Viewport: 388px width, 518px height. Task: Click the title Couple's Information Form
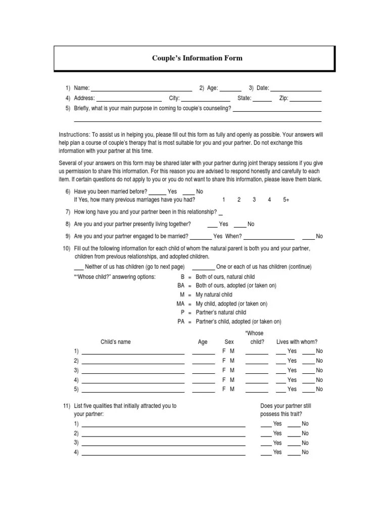(197, 58)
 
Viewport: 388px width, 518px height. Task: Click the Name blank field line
(141, 90)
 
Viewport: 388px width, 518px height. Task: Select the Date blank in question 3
(296, 90)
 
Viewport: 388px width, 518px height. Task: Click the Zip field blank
(306, 100)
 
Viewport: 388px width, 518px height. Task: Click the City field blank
(206, 100)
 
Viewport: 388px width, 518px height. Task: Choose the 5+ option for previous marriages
(286, 200)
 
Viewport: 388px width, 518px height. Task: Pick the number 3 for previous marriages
(254, 200)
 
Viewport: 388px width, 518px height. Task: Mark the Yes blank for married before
(157, 193)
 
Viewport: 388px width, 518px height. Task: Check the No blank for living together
(240, 226)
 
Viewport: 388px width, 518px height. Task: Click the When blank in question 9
(269, 238)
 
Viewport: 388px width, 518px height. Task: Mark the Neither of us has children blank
(78, 269)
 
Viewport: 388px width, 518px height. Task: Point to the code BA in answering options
(181, 285)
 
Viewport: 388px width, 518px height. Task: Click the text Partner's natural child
(221, 313)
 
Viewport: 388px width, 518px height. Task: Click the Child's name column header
(116, 342)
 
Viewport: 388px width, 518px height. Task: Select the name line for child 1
(133, 353)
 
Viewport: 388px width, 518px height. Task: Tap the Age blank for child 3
(204, 372)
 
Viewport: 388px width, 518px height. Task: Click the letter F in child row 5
(224, 389)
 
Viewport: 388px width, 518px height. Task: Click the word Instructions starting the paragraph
(74, 135)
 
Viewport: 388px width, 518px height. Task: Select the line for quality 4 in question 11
(164, 454)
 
